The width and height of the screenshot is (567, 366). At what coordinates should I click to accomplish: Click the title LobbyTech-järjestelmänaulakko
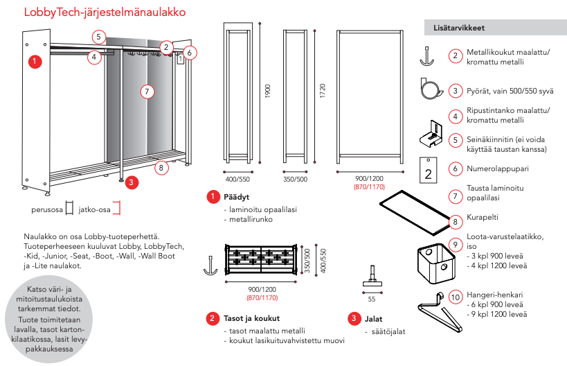[105, 12]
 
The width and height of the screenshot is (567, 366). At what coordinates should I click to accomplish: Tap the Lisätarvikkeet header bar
[493, 28]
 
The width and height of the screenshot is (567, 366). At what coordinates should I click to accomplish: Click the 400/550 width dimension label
[237, 179]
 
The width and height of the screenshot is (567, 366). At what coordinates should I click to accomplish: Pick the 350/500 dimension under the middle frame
[295, 179]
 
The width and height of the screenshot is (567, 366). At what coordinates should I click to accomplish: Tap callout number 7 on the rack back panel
[145, 91]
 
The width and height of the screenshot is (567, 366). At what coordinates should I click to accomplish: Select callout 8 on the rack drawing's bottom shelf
[161, 167]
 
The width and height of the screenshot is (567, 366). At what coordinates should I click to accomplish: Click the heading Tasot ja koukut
[251, 318]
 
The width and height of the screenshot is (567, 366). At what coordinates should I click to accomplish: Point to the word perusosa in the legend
[47, 207]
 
